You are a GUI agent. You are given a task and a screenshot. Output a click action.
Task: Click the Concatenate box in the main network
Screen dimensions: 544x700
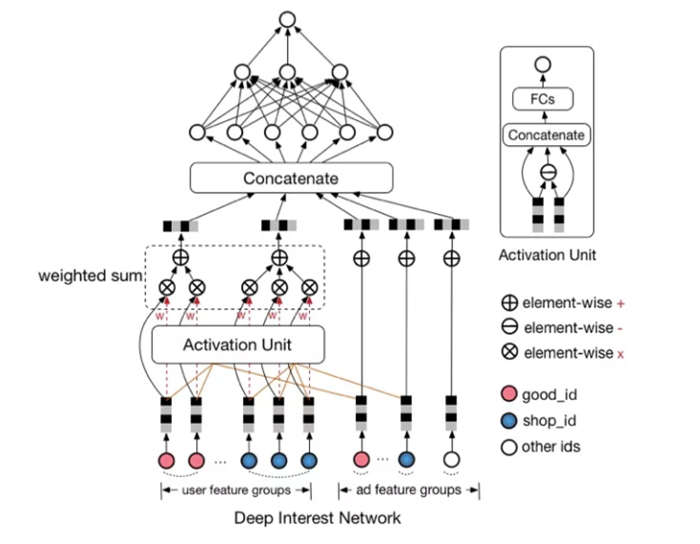(291, 178)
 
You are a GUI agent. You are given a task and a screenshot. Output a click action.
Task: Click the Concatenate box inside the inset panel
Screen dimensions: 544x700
(546, 136)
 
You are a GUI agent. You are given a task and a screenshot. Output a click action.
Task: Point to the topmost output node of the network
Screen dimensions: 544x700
(287, 18)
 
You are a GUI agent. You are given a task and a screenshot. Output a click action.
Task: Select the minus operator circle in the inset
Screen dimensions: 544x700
(546, 173)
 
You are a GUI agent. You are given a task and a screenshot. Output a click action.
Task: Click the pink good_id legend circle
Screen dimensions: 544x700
(510, 393)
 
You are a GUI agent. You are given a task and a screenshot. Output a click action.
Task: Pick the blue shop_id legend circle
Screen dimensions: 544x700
(510, 420)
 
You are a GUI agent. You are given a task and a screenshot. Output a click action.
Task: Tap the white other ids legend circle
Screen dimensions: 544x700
(510, 447)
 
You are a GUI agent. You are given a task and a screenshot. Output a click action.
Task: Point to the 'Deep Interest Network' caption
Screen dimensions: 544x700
(318, 518)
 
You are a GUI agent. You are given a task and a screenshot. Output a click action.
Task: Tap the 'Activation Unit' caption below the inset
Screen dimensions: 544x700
(546, 255)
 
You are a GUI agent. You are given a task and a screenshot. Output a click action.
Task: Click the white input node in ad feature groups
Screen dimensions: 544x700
(452, 460)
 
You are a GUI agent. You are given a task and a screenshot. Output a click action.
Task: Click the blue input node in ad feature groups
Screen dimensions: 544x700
(406, 460)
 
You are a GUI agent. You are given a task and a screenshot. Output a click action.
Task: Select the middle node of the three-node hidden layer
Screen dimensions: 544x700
(288, 73)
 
